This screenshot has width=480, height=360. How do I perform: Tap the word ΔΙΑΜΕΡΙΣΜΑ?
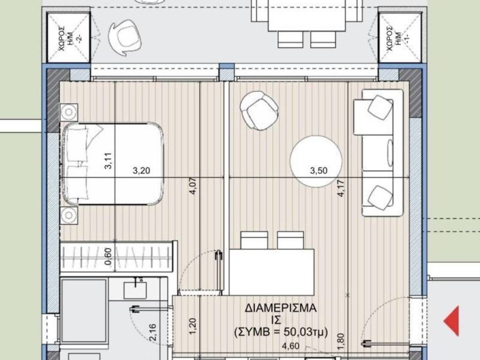280,308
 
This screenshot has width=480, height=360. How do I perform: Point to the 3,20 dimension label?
142,171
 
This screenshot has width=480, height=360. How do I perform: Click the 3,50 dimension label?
319,171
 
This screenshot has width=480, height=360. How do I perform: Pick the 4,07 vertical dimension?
193,187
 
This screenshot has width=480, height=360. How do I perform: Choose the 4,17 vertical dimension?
341,188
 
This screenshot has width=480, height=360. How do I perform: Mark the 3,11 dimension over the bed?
108,161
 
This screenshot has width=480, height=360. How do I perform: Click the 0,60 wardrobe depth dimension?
108,256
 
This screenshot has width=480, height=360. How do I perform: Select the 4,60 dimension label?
291,346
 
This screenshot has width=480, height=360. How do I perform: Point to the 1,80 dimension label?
341,342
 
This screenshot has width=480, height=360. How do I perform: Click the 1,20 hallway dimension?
193,327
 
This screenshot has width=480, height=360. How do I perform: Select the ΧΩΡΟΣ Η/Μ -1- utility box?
400,37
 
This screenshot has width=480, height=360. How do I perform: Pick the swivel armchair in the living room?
260,111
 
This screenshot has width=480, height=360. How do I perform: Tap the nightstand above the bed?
69,112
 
